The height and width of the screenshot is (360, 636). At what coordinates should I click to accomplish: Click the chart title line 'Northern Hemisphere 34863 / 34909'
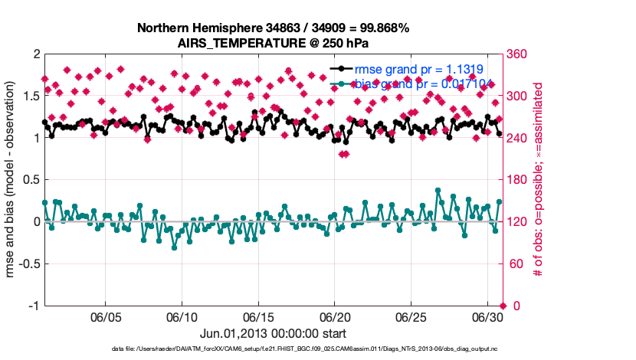point(273,28)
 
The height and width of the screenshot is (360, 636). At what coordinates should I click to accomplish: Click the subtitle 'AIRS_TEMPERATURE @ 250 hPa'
point(273,43)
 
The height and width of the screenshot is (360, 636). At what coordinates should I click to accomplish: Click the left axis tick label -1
point(32,306)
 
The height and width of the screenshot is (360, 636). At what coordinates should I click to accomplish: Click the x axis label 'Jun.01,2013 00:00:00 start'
point(273,333)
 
